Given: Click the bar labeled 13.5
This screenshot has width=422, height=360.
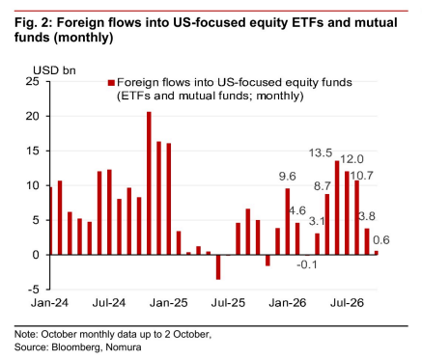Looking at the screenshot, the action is pos(337,208).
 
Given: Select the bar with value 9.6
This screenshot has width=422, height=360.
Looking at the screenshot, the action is pos(288,222).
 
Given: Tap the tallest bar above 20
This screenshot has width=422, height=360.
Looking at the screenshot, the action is pos(149,183).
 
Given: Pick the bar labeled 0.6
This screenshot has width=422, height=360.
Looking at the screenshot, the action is pos(377,253).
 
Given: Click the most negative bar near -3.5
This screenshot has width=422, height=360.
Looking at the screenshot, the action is pos(218,267).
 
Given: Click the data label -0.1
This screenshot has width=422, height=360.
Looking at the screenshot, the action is pos(307,264).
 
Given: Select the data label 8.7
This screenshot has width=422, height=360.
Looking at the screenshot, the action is pos(323,186).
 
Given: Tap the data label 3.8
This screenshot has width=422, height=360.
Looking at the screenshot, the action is pos(367,216).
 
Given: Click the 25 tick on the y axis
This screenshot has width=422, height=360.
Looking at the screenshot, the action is pos(33,81).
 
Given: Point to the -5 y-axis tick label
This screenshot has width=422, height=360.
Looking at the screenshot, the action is pos(32,290).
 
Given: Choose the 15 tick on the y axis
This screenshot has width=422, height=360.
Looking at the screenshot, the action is pos(33,151).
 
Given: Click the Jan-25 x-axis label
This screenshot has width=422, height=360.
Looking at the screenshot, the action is pos(168,303).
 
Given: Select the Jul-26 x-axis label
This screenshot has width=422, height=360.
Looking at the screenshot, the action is pos(348,303).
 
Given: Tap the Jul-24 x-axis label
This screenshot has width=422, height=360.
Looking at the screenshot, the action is pos(109,303).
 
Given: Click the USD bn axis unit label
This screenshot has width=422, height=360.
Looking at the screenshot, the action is pos(54,70).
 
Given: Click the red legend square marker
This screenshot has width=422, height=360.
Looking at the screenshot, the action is pos(111,83).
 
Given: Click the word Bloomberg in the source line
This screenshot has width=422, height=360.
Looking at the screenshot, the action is pos(76,347).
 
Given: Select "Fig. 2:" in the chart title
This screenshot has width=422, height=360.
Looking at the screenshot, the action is pos(34,23).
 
